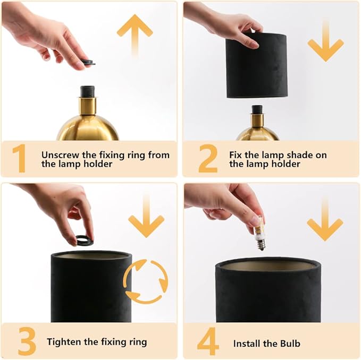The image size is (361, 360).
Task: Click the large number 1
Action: [x=19, y=159]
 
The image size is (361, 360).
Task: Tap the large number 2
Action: [x=208, y=159]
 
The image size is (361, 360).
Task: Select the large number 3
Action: [x=27, y=341]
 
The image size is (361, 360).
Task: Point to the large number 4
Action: [x=208, y=341]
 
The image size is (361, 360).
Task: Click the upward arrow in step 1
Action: [x=135, y=33]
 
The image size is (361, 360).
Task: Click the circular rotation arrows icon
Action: [x=145, y=281]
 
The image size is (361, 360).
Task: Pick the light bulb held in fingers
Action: [x=259, y=237]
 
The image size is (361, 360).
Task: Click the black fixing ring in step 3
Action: [x=84, y=241]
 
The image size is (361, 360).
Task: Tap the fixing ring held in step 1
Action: [x=88, y=63]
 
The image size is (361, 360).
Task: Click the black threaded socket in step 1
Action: [x=87, y=91]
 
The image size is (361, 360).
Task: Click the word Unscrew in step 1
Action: [x=60, y=155]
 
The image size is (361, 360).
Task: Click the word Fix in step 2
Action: [x=236, y=155]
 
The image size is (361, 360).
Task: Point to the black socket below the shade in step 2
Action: [x=257, y=109]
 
